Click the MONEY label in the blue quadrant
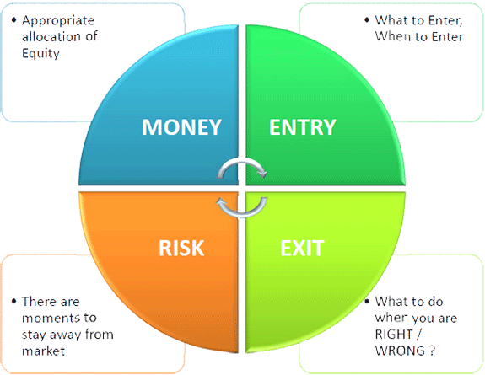point(181,127)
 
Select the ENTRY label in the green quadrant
point(303,127)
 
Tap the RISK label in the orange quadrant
point(181,248)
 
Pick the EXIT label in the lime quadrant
point(302,248)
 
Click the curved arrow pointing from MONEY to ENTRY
point(242,162)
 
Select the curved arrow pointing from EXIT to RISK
point(242,214)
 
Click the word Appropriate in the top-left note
point(58,21)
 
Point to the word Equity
point(40,53)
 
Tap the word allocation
point(51,36)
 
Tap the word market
point(43,351)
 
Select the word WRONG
point(400,351)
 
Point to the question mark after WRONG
point(432,351)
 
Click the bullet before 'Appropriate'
point(13,20)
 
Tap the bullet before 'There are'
point(13,301)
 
